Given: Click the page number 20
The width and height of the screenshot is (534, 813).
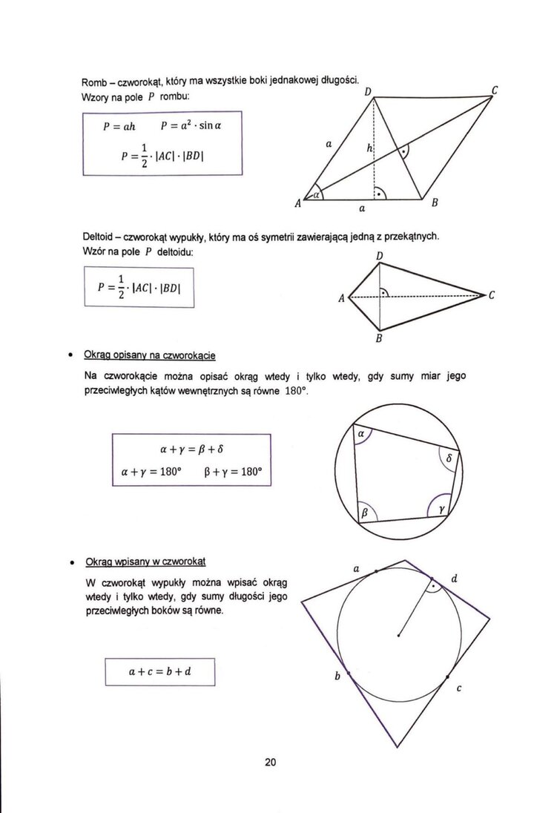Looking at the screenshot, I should (269, 762).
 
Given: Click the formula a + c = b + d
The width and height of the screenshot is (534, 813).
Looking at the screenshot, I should (159, 672).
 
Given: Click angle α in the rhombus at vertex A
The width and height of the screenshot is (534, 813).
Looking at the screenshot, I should (317, 195).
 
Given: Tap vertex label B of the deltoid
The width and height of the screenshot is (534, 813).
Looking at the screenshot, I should (378, 340).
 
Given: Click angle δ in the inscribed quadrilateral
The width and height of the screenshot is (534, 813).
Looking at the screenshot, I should (449, 458).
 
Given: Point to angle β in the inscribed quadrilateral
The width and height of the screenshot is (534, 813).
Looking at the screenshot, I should (365, 511).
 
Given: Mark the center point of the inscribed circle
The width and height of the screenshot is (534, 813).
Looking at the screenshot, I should (399, 634).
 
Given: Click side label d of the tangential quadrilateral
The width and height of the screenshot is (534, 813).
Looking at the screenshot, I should (454, 579).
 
